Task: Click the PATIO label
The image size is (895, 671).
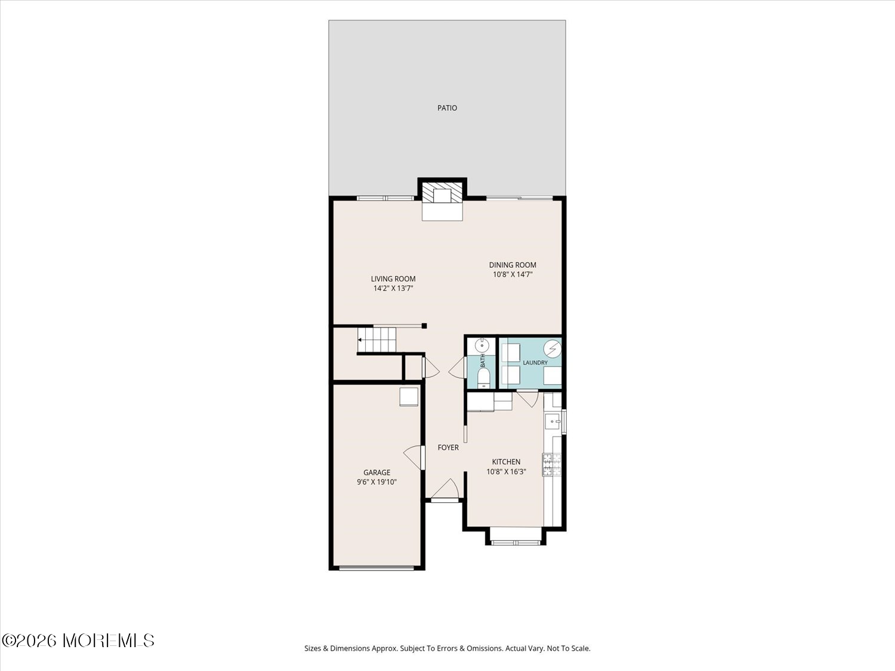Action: point(447,108)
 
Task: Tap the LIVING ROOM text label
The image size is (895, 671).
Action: point(393,279)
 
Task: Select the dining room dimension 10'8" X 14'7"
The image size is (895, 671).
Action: point(513,274)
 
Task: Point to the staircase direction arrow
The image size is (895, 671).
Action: point(360,340)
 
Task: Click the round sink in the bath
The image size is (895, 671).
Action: point(482,345)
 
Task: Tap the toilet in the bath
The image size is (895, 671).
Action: point(483,378)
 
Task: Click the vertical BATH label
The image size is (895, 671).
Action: point(483,361)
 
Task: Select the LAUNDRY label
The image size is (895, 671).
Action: point(535,363)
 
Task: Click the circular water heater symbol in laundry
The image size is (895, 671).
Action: point(553,348)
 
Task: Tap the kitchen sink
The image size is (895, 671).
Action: point(553,421)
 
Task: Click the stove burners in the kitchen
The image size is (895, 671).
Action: point(552,465)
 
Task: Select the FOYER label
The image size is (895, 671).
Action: point(448,447)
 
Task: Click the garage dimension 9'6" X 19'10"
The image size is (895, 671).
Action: point(376,482)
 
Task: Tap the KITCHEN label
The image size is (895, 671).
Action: point(506,462)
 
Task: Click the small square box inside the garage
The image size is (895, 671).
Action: point(409,397)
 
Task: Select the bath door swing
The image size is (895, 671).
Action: point(457,367)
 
